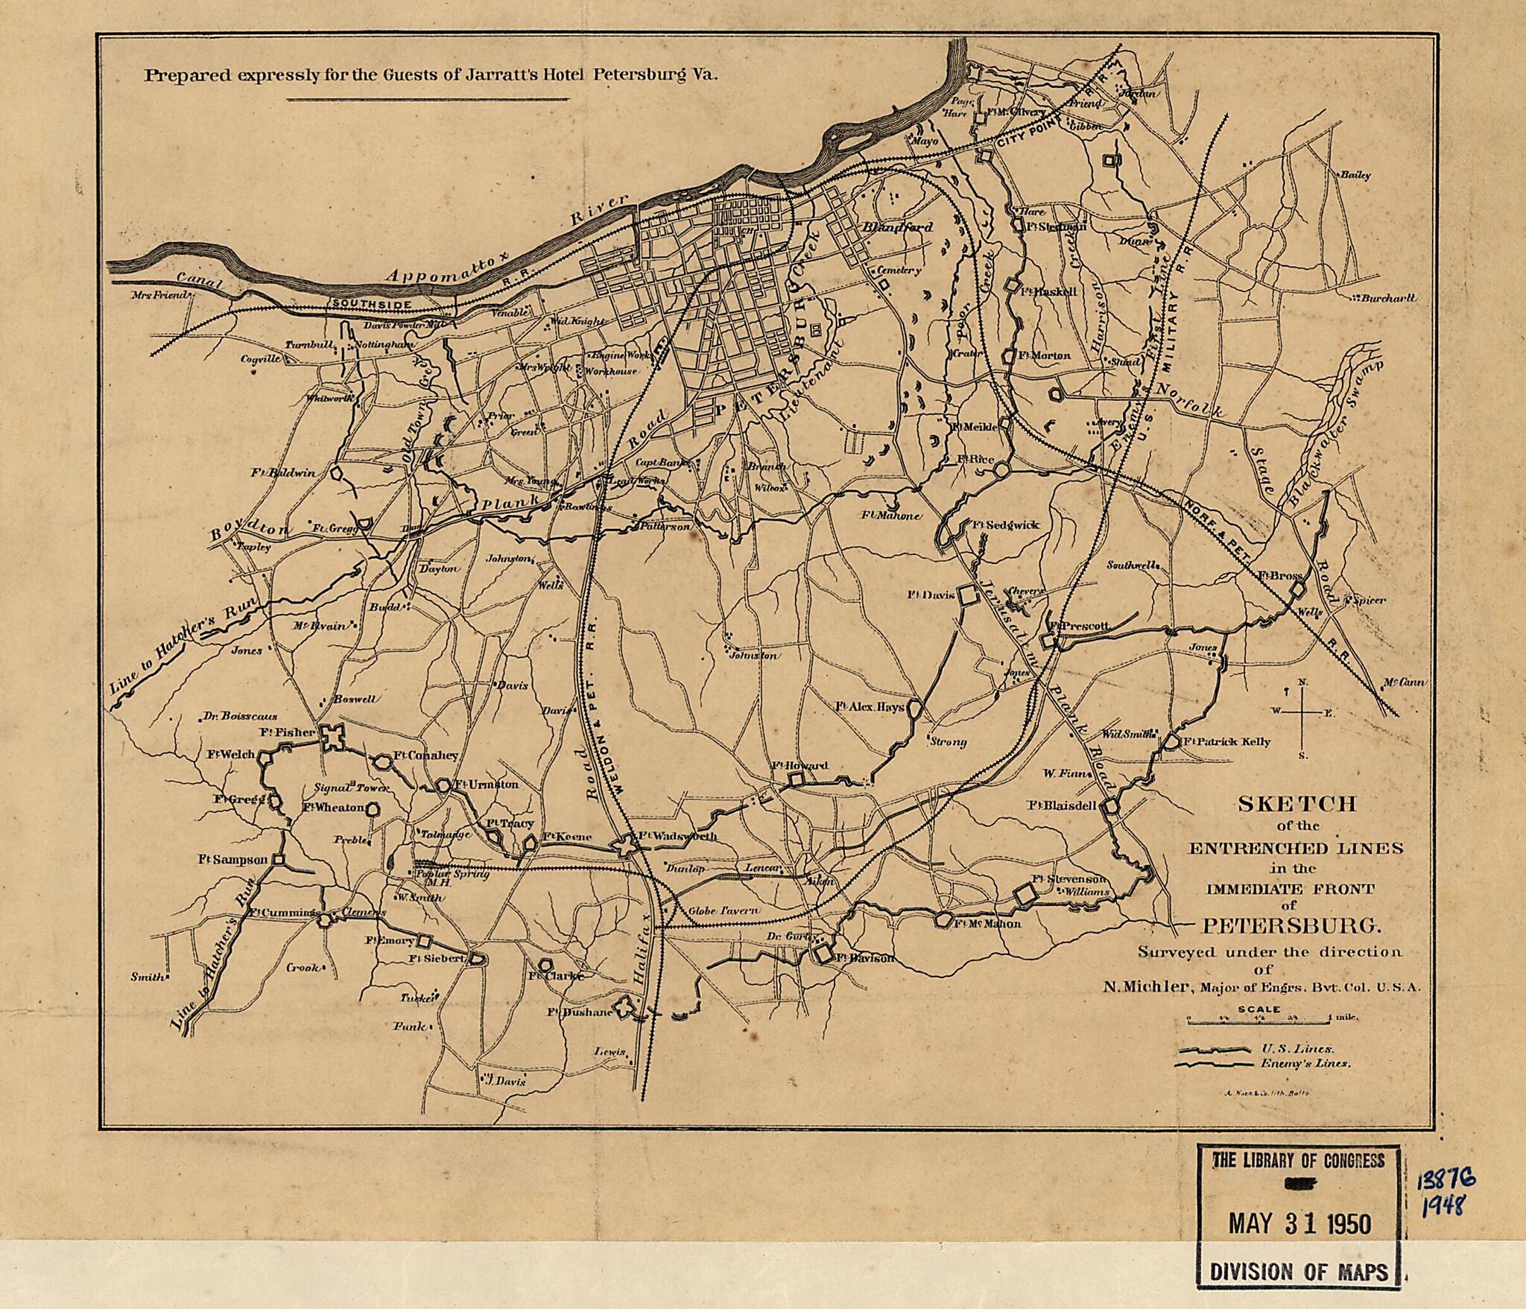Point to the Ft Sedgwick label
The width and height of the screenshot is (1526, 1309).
coord(1005,525)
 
